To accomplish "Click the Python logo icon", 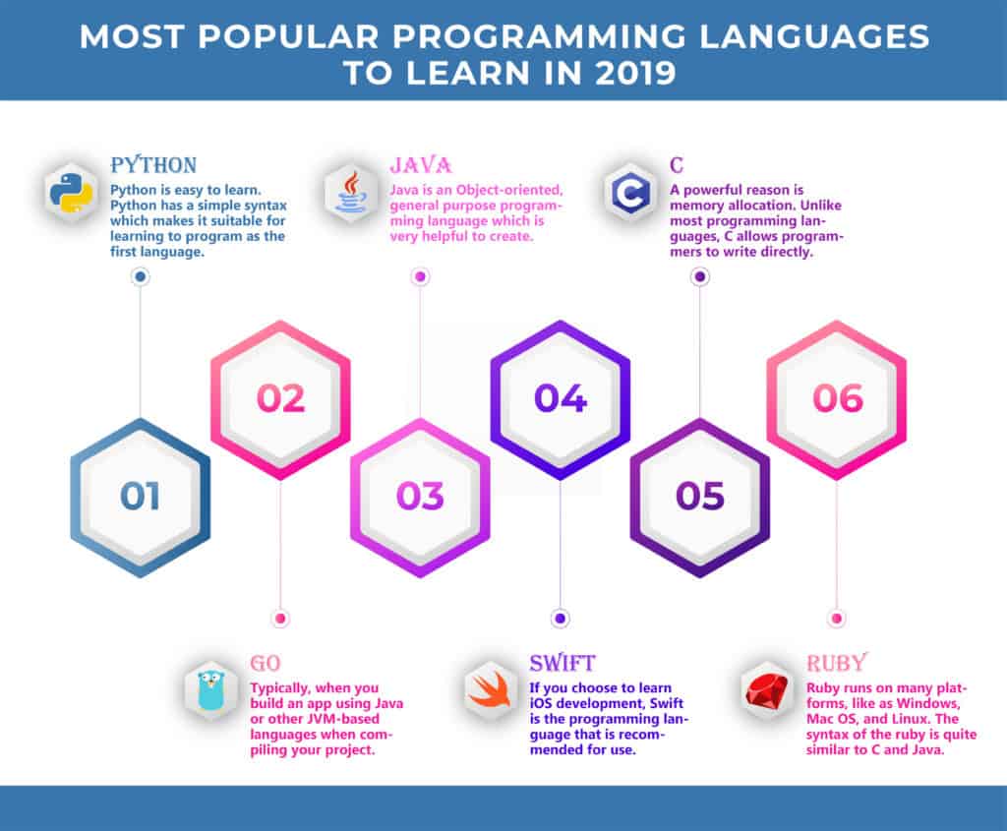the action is click(71, 192).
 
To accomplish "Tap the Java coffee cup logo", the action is click(351, 192).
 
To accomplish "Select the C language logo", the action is click(630, 192).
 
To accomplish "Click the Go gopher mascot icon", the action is click(210, 690).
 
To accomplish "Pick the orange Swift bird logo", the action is click(490, 690).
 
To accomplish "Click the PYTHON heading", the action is click(153, 165).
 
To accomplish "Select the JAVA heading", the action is click(421, 165).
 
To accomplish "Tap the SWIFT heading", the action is click(563, 663).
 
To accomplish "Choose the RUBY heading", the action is click(837, 663).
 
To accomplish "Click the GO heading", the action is click(266, 663).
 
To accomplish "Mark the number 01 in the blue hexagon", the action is click(140, 497).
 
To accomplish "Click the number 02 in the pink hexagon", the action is click(280, 398).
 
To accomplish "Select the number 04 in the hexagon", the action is click(561, 398).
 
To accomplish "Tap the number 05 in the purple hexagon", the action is click(700, 497).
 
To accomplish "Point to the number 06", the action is click(838, 398).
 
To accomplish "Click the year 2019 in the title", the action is click(636, 73).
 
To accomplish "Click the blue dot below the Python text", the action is click(140, 276).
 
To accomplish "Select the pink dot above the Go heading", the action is click(280, 619).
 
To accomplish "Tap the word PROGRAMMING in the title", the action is click(540, 36).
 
